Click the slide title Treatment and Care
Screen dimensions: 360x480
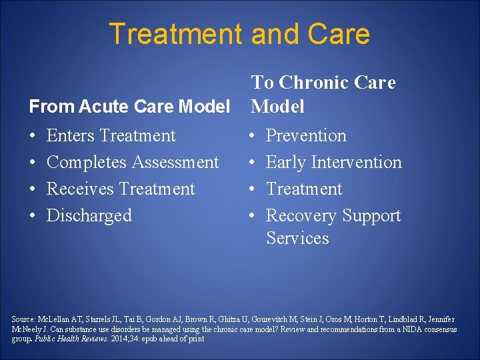coord(239,34)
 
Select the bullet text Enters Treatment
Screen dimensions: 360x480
coord(111,135)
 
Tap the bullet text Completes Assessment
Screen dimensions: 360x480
coord(133,162)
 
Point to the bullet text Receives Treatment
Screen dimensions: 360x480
coord(121,189)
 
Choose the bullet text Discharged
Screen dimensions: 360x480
coord(89,215)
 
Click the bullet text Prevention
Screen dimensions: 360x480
coord(306,135)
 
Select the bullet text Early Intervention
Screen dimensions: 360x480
coord(333,162)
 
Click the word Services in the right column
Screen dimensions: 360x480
coord(297,238)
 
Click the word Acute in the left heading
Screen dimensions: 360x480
coord(97,106)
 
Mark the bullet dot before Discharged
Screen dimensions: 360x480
coord(33,216)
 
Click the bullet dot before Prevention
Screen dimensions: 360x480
coord(251,136)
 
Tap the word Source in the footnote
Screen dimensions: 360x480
coord(23,319)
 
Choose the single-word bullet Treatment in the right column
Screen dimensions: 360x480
coord(304,189)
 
